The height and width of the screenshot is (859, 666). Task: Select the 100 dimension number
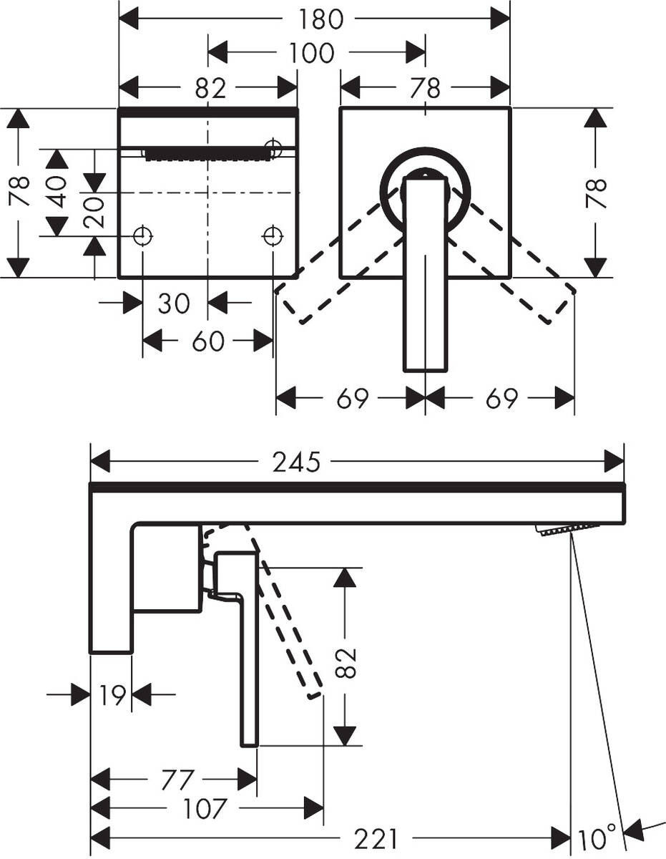click(x=313, y=53)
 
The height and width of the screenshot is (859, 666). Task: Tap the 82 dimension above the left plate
click(x=210, y=87)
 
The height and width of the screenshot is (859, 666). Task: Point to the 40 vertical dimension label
click(x=57, y=191)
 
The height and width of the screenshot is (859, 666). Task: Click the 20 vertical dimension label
click(x=94, y=211)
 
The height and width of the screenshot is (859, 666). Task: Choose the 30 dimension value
click(x=174, y=303)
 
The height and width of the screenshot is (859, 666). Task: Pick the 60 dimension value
click(x=209, y=341)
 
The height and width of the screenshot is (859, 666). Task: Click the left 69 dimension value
click(x=352, y=399)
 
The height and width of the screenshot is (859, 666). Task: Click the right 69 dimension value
click(x=501, y=399)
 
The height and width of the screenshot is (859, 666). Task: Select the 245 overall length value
click(x=295, y=462)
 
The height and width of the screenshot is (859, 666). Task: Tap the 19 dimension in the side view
click(x=110, y=694)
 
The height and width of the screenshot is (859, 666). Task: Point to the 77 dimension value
click(x=175, y=778)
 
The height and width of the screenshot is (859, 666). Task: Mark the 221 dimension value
click(x=375, y=836)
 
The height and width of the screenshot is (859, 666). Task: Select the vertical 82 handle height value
click(x=346, y=662)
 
